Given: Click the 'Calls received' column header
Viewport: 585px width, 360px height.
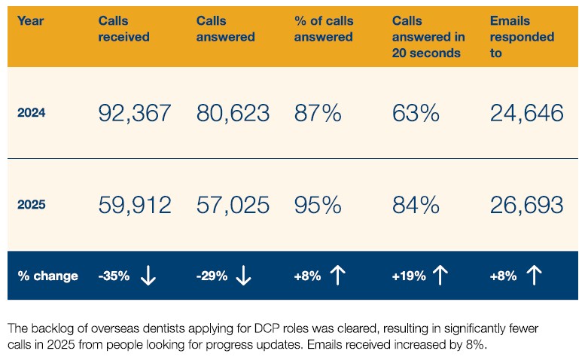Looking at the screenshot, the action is click(124, 29).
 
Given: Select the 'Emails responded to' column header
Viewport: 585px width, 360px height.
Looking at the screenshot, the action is click(522, 37).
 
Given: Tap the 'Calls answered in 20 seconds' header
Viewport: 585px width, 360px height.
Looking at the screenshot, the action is click(428, 37).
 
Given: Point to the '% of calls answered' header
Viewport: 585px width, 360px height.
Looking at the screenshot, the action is click(324, 29).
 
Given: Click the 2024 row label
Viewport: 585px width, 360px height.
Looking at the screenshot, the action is click(32, 113).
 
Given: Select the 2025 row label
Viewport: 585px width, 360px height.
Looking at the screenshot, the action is click(32, 205).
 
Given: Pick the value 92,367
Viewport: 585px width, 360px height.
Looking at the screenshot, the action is click(135, 113).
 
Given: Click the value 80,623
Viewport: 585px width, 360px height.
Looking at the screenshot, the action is click(233, 113).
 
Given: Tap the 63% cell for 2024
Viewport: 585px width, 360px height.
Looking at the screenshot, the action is click(416, 113).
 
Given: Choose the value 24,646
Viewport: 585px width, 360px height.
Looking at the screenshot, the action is click(526, 113).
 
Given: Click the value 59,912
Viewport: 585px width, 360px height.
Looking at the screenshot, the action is click(135, 205).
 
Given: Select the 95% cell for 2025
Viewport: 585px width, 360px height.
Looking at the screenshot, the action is click(318, 205).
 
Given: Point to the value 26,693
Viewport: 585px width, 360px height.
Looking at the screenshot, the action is click(526, 205).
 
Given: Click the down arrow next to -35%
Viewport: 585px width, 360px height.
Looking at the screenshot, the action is click(148, 276).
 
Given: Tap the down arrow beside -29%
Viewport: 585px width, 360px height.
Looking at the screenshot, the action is click(244, 276).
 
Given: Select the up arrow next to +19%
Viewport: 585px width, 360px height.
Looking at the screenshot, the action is click(440, 276).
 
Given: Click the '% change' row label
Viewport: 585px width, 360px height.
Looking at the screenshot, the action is click(47, 276).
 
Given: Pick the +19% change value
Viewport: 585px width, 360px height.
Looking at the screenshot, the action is click(409, 276).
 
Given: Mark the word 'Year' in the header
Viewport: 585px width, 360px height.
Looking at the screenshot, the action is click(30, 21).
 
